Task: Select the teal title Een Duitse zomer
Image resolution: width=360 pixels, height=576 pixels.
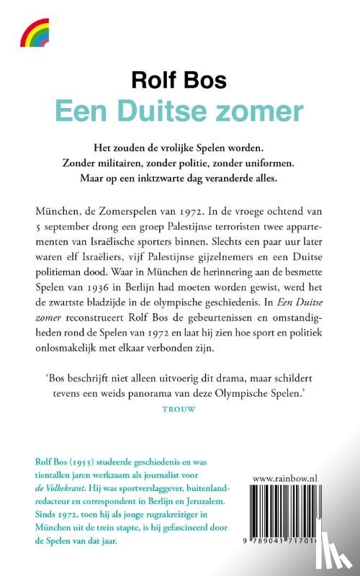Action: [x=179, y=112]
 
